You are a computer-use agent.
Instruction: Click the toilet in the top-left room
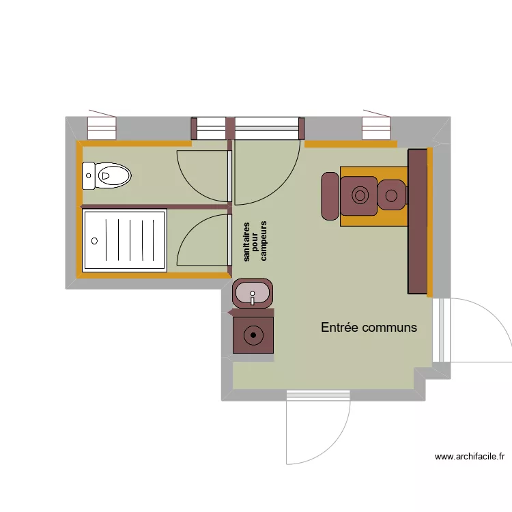point(106,175)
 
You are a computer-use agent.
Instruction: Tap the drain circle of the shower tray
point(94,241)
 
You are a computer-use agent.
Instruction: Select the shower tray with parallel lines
point(124,241)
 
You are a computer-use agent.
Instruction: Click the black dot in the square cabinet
point(253,335)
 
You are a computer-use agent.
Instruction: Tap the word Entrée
point(339,327)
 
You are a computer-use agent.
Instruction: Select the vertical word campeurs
point(264,241)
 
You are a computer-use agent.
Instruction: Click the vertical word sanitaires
point(246,242)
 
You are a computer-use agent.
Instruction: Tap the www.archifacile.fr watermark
point(470,457)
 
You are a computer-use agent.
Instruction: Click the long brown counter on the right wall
point(418,221)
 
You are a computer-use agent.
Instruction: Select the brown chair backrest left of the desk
point(330,196)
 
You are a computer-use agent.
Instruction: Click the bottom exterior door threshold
point(318,395)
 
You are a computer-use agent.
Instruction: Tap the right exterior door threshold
point(442,330)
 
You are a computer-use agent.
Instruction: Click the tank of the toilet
point(88,175)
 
